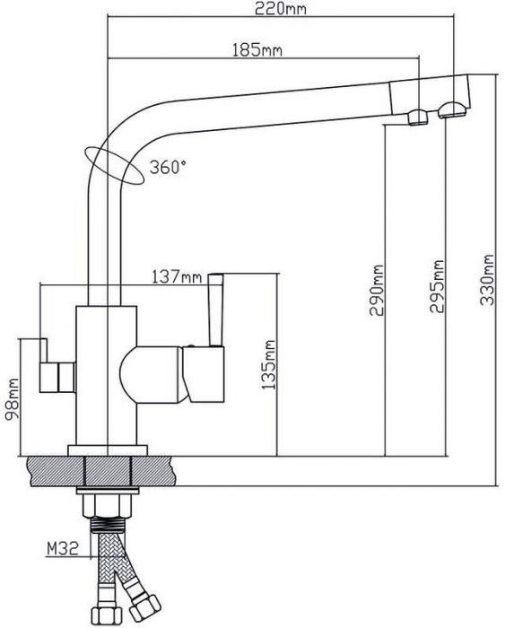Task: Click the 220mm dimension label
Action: point(281,8)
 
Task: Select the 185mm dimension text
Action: point(257,50)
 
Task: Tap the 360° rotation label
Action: point(168,167)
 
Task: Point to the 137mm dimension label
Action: point(177,276)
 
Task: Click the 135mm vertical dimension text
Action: point(268,365)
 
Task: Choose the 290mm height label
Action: point(377,290)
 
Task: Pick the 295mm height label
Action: point(437,286)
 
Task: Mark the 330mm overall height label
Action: point(486,280)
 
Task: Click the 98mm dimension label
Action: point(12,399)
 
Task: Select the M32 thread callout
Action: point(63,548)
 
